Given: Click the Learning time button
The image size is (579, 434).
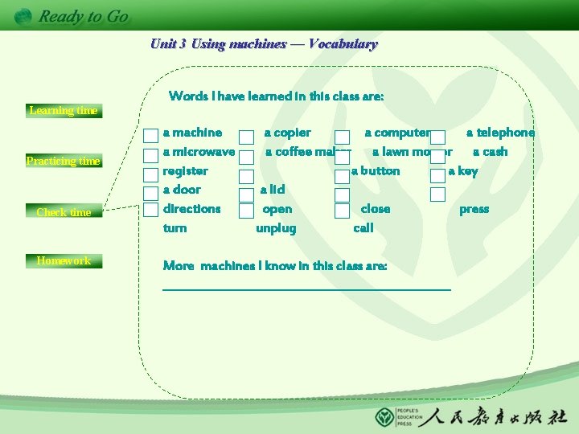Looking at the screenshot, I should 63,111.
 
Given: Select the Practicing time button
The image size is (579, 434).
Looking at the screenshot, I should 63,161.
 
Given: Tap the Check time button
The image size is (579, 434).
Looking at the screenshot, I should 64,212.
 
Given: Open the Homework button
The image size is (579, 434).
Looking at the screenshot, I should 64,260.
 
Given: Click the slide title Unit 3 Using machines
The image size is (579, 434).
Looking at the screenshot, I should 264,44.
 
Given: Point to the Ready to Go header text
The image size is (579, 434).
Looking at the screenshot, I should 83,16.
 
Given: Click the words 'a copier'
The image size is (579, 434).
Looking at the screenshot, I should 287,133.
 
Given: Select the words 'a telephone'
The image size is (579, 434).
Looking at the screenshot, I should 500,133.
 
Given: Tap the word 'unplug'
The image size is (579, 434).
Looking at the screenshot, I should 276,228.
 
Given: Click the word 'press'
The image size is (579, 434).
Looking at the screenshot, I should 474,209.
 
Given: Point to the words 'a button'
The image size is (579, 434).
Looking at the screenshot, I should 376,171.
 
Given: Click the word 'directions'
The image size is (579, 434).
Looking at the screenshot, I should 191,209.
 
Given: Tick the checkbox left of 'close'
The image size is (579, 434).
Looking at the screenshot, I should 342,211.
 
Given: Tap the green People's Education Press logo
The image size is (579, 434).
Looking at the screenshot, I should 385,418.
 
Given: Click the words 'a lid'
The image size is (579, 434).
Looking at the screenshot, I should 272,190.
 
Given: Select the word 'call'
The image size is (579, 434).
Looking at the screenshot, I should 363,228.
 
